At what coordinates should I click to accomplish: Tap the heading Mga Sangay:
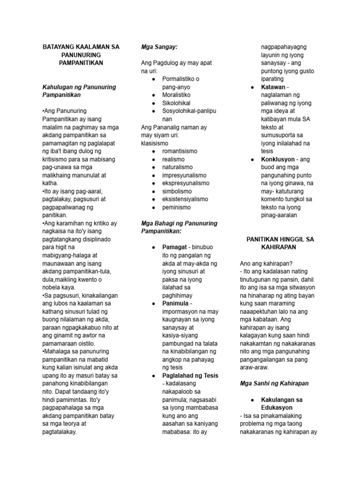click(x=159, y=47)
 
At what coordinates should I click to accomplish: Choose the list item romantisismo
click(x=180, y=151)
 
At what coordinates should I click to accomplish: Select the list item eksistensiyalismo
click(x=186, y=199)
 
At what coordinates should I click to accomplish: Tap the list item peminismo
click(x=178, y=207)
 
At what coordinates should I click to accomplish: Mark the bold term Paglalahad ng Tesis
click(x=190, y=375)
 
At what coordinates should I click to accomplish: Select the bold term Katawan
click(x=272, y=87)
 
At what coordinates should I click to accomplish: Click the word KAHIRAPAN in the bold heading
click(x=280, y=247)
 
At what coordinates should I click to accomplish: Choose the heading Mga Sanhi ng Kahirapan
click(x=274, y=383)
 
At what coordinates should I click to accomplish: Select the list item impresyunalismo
click(x=186, y=175)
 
